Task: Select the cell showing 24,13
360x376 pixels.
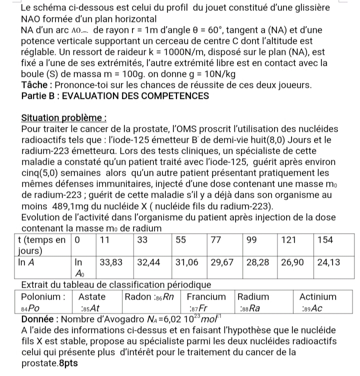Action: [328, 261]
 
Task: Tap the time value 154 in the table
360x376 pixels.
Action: [325, 239]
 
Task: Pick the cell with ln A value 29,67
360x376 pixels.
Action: [223, 261]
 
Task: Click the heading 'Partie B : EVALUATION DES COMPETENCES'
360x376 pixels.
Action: [115, 96]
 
